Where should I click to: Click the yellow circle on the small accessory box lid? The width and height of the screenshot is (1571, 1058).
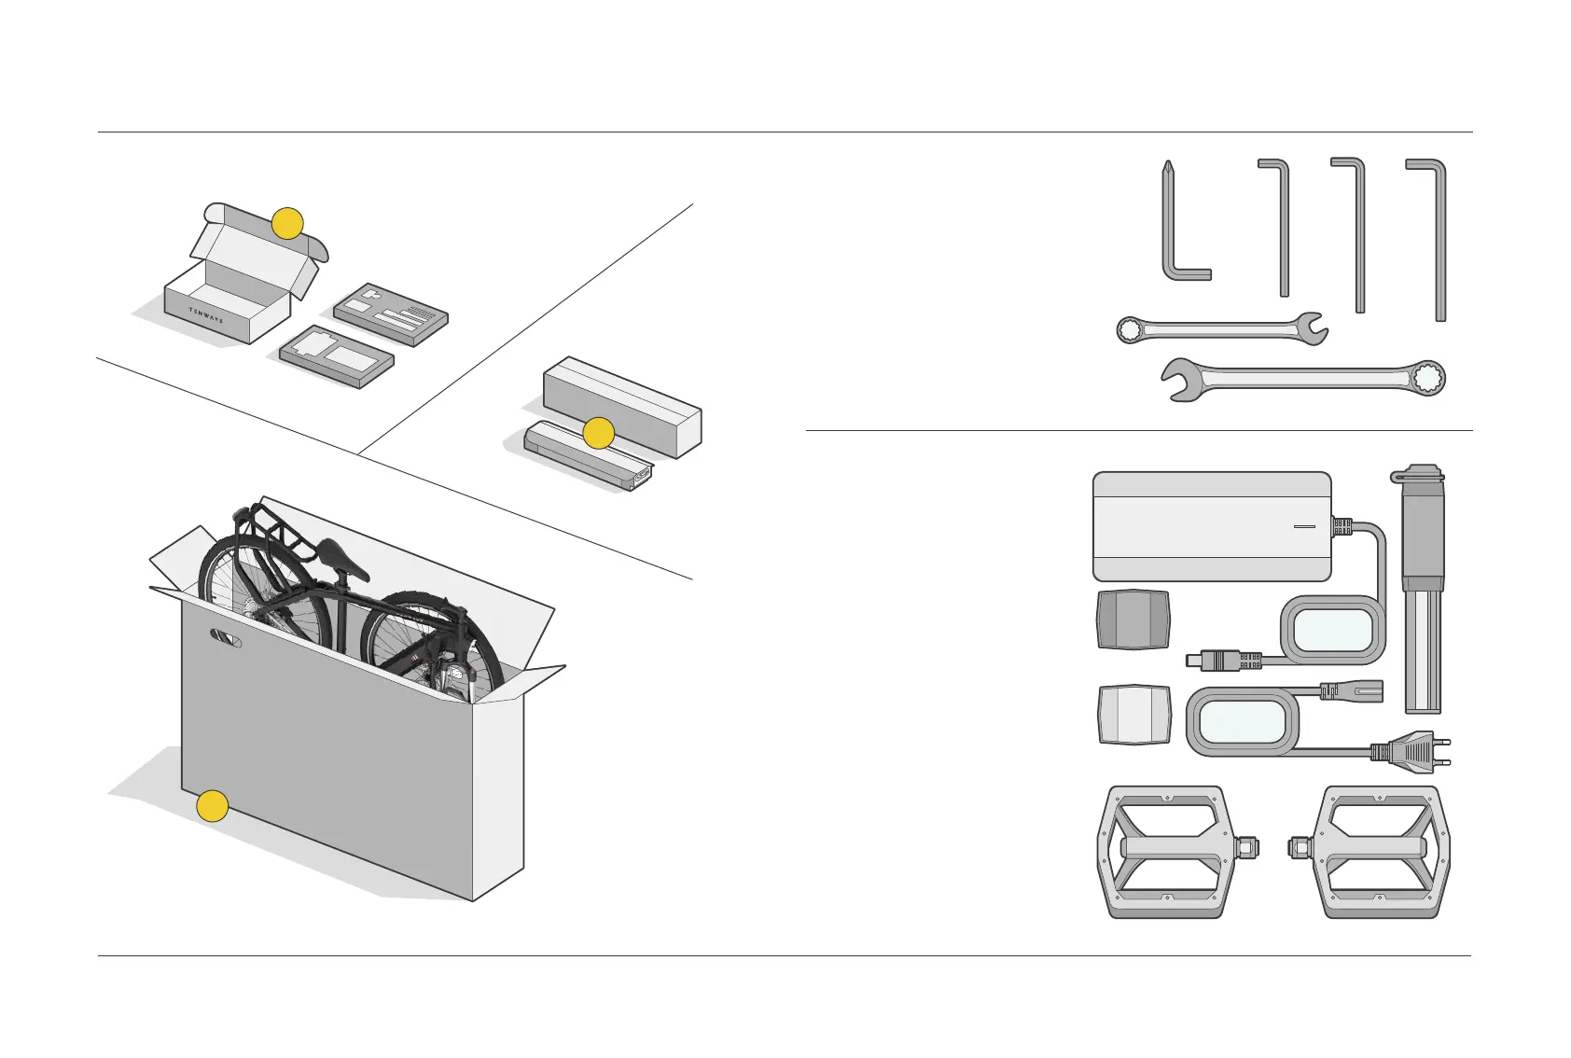click(287, 223)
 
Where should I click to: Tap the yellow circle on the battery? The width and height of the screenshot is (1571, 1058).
click(598, 433)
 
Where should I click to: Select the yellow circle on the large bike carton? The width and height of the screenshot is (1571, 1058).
click(213, 806)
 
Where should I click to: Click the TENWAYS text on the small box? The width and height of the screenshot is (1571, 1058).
click(206, 314)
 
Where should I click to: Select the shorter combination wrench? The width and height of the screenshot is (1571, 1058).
click(1220, 328)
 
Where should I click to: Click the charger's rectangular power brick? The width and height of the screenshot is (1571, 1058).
click(1211, 526)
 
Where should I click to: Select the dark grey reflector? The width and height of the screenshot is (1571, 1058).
click(1133, 619)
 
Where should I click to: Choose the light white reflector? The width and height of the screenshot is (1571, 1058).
click(1134, 716)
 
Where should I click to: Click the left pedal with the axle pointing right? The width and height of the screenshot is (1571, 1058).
click(1170, 850)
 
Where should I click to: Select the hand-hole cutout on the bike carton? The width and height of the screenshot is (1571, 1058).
click(226, 639)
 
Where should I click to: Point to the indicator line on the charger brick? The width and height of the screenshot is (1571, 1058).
click(1304, 527)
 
